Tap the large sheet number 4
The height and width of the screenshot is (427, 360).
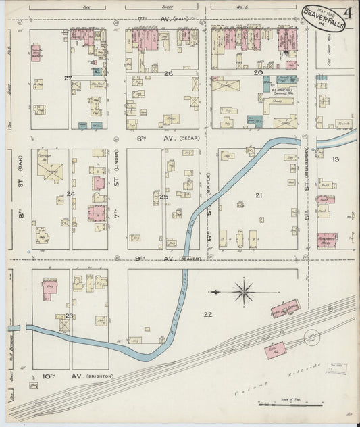(346, 11)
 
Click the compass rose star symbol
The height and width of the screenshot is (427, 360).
(243, 293)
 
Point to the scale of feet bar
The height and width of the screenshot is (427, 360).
(290, 405)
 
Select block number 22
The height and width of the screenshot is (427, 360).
(207, 314)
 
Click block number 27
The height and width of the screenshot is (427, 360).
(68, 78)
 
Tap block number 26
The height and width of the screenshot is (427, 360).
(168, 73)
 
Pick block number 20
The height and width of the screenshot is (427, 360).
(257, 72)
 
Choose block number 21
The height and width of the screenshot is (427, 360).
(258, 195)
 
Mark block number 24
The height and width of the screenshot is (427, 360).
(70, 195)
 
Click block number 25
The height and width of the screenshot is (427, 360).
(164, 197)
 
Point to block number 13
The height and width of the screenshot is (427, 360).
(335, 159)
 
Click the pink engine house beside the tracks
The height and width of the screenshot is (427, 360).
(274, 350)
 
